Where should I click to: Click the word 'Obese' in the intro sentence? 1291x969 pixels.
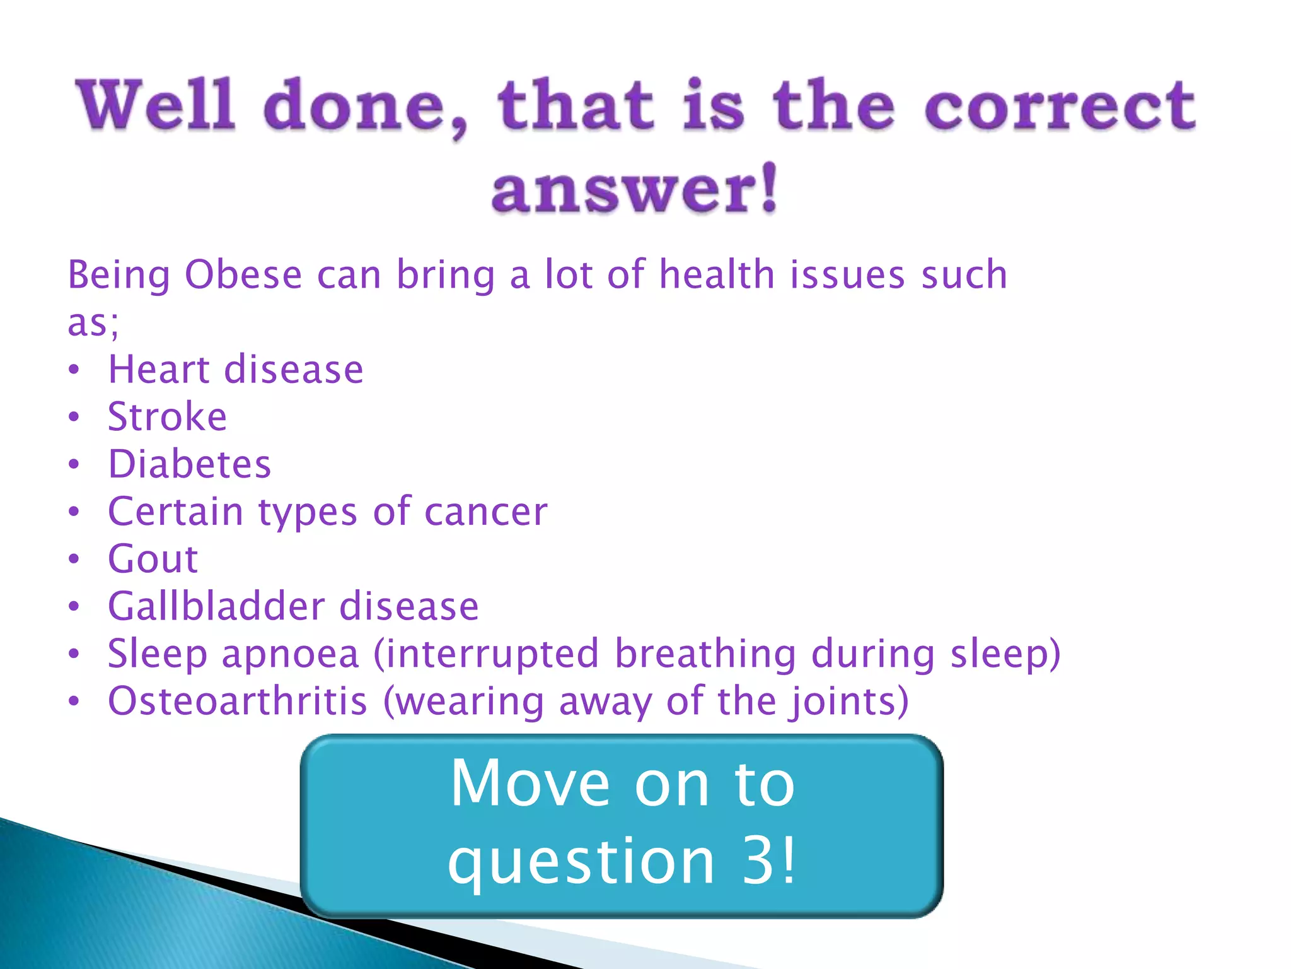coord(243,276)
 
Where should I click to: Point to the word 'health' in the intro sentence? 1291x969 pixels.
coord(717,276)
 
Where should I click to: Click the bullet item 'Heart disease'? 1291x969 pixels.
coord(235,370)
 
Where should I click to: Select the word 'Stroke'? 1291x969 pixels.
coord(167,417)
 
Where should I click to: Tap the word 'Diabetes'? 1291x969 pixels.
coord(189,464)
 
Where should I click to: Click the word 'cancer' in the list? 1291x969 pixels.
coord(485,512)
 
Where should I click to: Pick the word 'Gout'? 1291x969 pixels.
coord(153,560)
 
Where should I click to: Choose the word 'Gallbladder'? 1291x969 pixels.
coord(216,607)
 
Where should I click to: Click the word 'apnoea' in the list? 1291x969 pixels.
coord(290,655)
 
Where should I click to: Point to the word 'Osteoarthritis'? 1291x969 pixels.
coord(237,702)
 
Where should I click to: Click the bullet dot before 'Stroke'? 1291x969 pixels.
coord(74,417)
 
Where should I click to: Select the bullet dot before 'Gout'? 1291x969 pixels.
coord(74,560)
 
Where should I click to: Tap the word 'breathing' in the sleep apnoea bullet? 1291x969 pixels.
coord(705,654)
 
